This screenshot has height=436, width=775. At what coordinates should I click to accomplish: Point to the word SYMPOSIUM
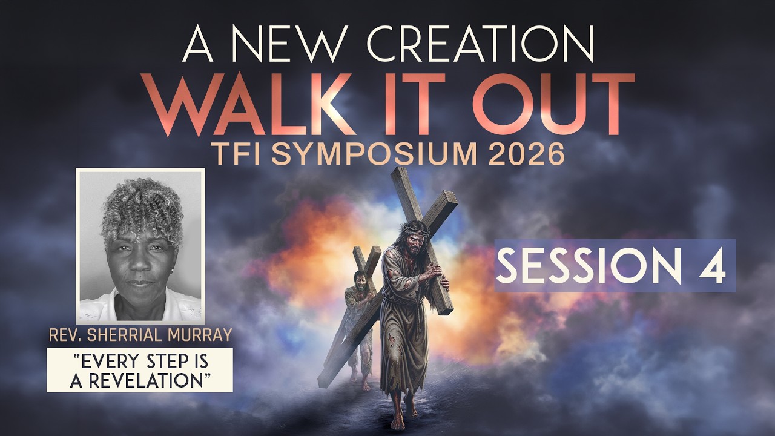click(x=370, y=155)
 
